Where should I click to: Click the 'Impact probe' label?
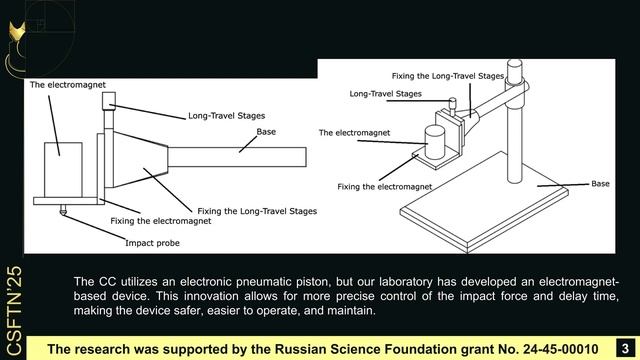pos(152,242)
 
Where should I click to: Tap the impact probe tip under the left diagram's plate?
pos(63,210)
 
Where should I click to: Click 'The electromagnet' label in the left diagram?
pos(67,85)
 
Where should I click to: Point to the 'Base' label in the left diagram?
pos(266,131)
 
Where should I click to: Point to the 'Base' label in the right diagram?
pos(600,184)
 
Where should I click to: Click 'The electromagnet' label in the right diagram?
pos(355,132)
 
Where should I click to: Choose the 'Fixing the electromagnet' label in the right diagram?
pos(385,186)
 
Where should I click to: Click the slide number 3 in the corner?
pos(623,346)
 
